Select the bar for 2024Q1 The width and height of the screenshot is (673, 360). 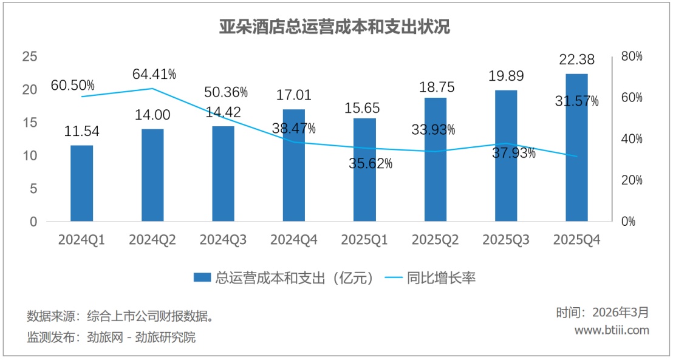tap(81, 183)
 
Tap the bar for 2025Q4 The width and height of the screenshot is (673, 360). tap(576, 148)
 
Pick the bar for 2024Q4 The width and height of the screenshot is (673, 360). tap(294, 165)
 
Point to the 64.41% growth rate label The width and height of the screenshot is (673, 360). tap(154, 75)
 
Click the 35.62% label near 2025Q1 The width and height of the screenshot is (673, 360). tap(371, 163)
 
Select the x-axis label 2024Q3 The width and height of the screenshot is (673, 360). tap(223, 240)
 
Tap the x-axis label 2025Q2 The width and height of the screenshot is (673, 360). tap(435, 240)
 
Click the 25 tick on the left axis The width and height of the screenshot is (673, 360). tap(29, 56)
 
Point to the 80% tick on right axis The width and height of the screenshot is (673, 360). tap(632, 56)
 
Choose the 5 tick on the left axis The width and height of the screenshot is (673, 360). tap(33, 189)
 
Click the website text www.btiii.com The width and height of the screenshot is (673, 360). tap(612, 330)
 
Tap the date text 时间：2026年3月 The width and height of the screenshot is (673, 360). tap(602, 313)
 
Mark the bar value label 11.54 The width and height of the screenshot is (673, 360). tap(81, 132)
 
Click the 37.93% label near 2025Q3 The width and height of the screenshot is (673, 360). tap(514, 153)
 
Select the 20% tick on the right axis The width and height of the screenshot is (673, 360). tap(632, 180)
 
